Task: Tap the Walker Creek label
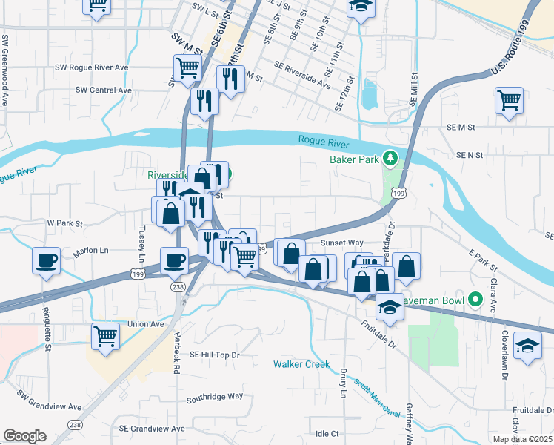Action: click(301, 364)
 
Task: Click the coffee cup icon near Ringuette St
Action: click(46, 261)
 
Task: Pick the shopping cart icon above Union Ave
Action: click(105, 335)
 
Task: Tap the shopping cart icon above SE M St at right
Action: click(509, 100)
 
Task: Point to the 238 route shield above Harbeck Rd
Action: click(178, 286)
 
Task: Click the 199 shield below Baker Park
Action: click(399, 194)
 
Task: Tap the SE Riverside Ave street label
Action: click(301, 75)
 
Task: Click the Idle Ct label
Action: click(327, 434)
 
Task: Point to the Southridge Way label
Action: click(215, 396)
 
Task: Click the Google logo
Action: click(24, 436)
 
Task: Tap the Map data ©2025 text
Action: click(523, 440)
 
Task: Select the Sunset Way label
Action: click(341, 243)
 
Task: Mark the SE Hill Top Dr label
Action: click(216, 355)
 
